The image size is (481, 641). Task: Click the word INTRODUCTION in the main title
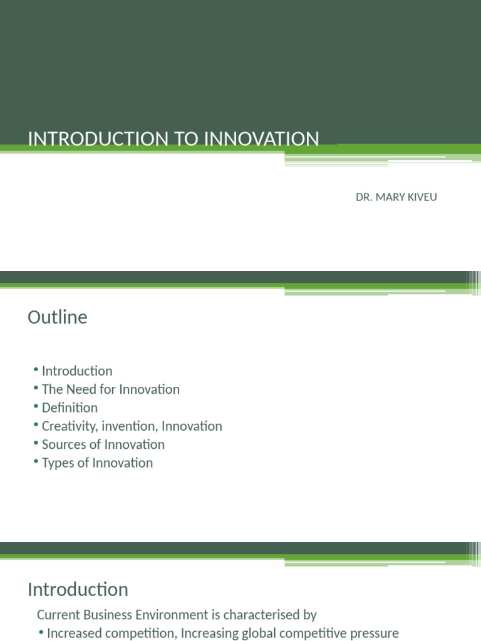click(90, 138)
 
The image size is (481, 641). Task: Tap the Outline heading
click(58, 317)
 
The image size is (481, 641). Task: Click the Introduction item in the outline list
click(77, 371)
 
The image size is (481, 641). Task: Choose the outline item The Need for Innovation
click(110, 389)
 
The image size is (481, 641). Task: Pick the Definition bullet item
click(70, 408)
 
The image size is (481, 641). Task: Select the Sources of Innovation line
click(103, 444)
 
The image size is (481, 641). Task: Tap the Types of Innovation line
click(97, 463)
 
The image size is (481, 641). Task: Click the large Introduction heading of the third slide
click(78, 589)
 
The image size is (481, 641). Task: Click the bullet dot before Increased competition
click(41, 632)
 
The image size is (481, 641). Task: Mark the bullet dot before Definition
click(37, 408)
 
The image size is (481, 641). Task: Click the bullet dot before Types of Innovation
click(37, 463)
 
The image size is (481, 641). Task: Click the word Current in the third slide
click(59, 615)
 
